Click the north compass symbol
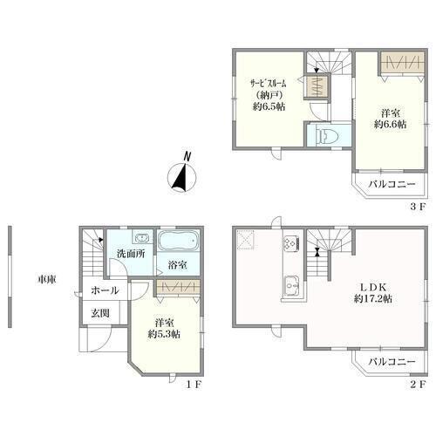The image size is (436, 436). click(182, 177)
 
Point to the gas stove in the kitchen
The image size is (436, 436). click(291, 242)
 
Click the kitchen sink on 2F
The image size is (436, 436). click(291, 286)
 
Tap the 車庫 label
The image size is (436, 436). click(46, 279)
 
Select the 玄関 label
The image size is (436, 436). click(100, 313)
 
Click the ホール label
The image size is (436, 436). click(105, 290)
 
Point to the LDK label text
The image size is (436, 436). click(373, 287)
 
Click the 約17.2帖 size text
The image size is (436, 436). click(373, 298)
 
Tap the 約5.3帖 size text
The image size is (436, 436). click(164, 334)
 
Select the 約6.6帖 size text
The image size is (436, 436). click(390, 124)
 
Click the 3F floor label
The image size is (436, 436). click(418, 207)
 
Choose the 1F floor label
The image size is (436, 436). click(194, 385)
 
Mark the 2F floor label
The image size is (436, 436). click(418, 385)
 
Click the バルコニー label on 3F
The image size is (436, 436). click(392, 184)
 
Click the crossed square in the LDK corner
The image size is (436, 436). click(247, 241)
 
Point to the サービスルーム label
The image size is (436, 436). click(269, 84)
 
